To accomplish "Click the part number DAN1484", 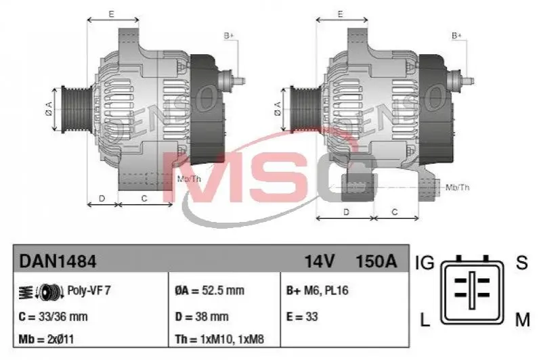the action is [x=58, y=261].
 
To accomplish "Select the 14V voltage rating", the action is [x=319, y=261].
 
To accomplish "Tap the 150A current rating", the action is [x=376, y=261].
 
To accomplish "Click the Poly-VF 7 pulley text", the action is [x=89, y=290].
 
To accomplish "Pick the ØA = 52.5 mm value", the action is [x=209, y=291].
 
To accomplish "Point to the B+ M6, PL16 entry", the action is [x=317, y=291].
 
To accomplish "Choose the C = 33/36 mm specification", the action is [x=53, y=317].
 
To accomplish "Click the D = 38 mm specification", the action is [x=202, y=317].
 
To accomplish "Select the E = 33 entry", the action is [x=302, y=317].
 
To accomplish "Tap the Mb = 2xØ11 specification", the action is [x=46, y=339].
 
